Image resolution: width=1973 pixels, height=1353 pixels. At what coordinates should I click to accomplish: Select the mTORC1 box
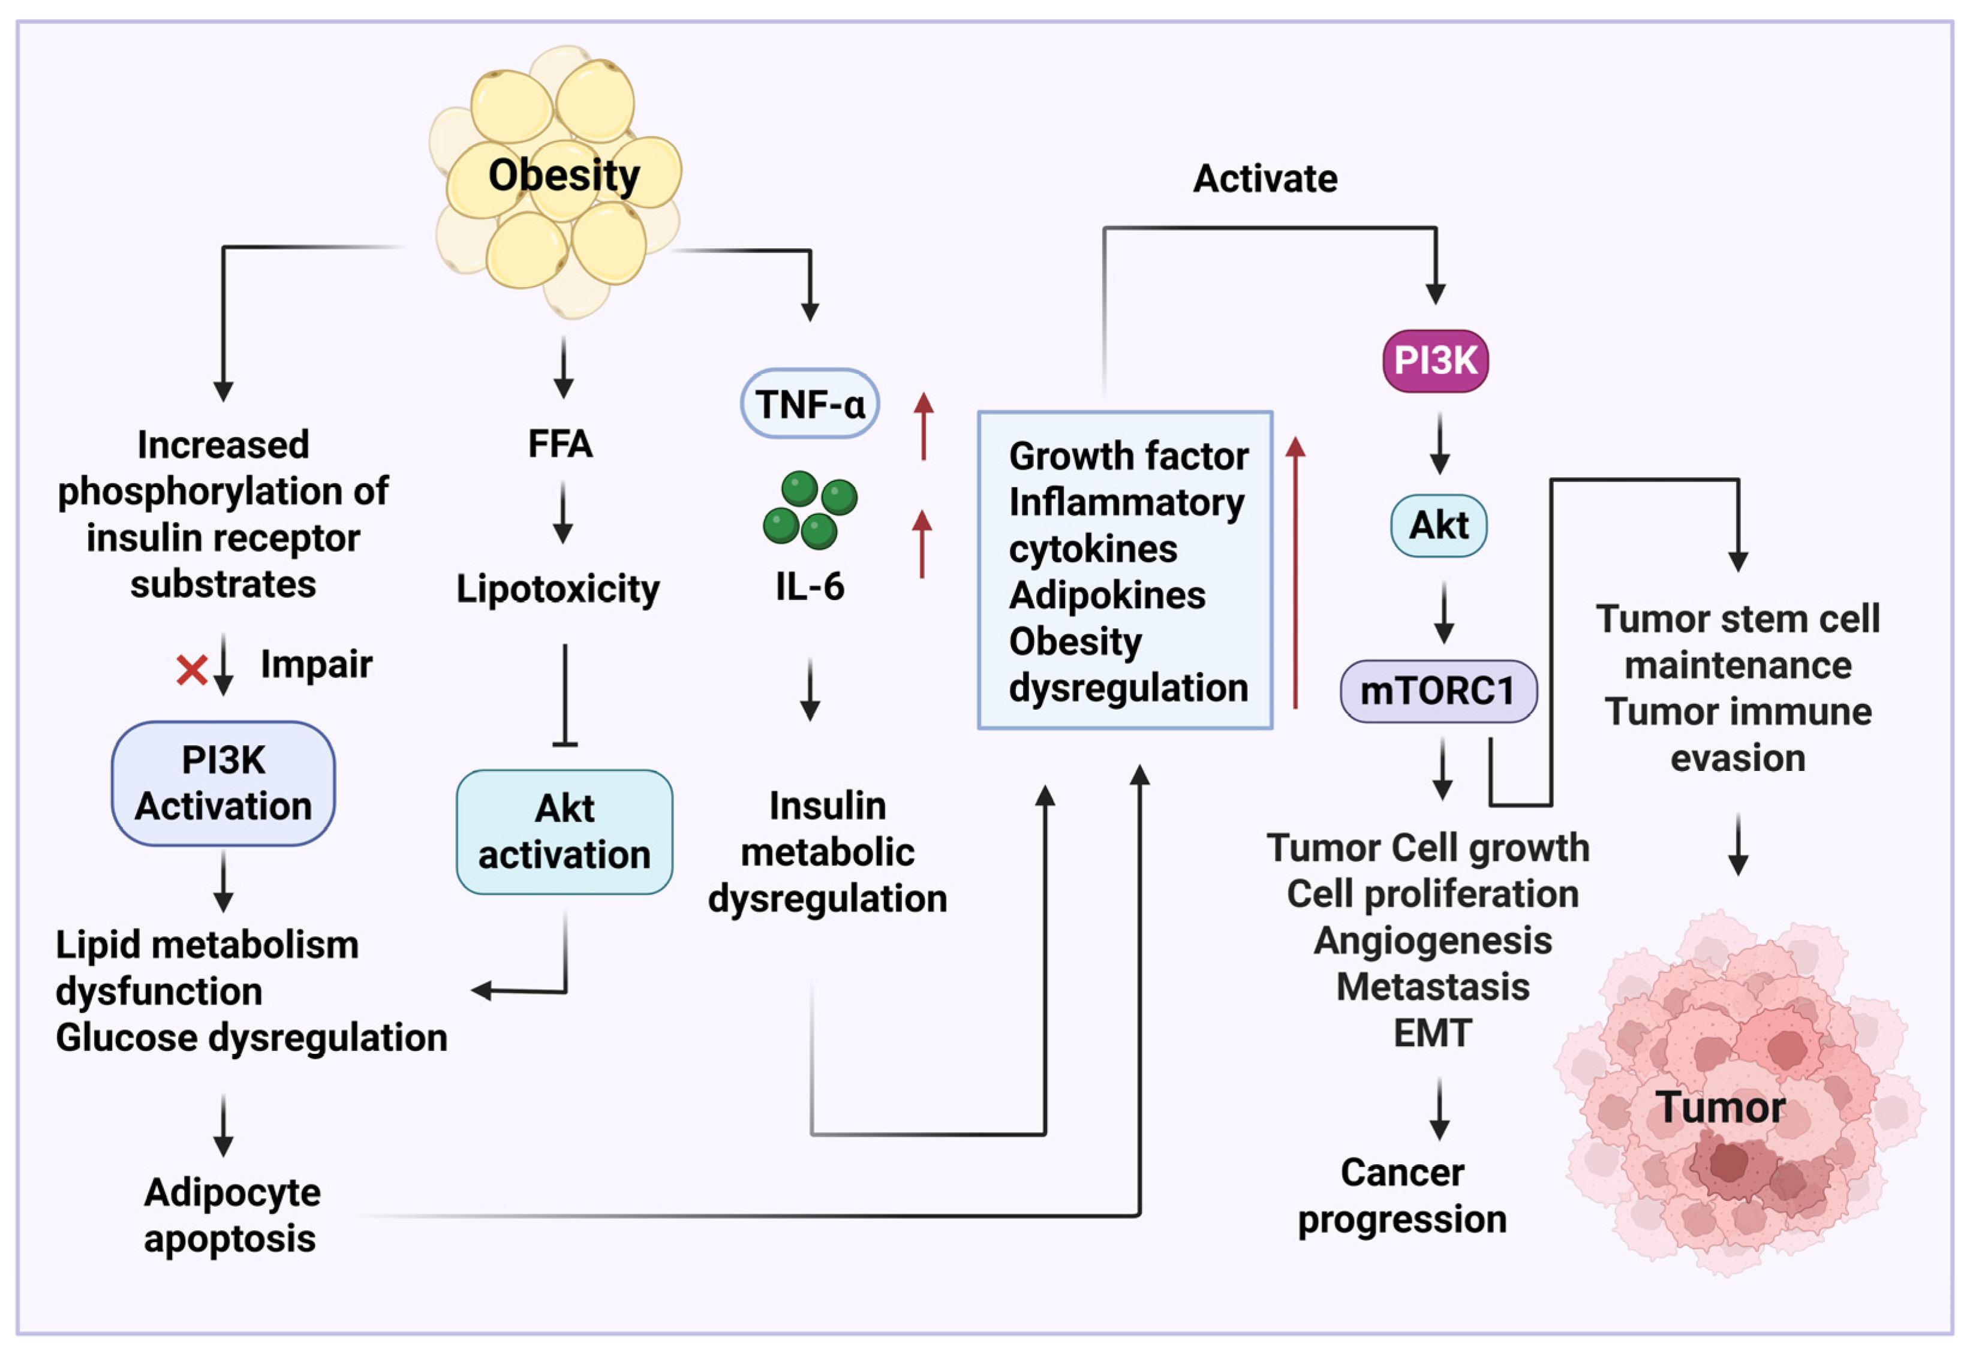[1438, 691]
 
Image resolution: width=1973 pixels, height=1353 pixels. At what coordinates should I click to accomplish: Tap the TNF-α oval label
[810, 403]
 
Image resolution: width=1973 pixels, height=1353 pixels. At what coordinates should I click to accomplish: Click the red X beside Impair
[192, 670]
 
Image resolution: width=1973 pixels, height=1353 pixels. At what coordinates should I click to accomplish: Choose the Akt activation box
[564, 832]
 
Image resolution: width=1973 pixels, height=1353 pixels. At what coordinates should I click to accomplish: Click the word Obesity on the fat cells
[564, 176]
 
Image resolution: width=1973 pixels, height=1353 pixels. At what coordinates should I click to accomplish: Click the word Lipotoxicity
[558, 589]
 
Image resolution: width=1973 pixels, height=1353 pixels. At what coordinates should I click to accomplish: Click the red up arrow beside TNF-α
[924, 426]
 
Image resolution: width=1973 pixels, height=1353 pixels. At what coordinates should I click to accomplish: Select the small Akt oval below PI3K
[1439, 525]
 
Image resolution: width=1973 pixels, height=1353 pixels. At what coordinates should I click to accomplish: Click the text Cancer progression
[1403, 1196]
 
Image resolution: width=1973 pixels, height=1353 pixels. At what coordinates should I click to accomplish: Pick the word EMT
[1433, 1033]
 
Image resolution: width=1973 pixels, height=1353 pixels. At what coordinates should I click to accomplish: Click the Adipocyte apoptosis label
[231, 1216]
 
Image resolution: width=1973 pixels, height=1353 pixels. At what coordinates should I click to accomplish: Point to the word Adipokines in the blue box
[1107, 595]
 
